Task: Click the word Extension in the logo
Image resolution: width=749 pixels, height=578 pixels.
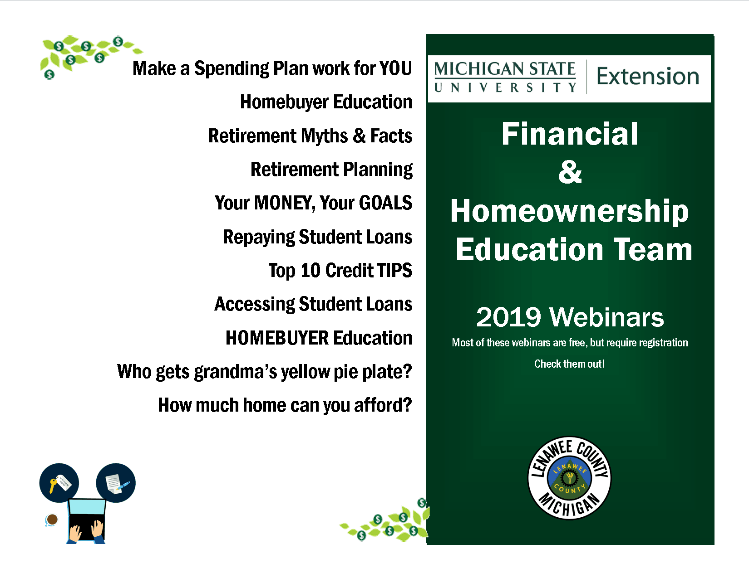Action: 648,76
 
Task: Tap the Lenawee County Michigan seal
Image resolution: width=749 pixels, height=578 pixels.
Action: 569,478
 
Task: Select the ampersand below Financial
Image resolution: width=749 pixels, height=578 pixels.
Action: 570,172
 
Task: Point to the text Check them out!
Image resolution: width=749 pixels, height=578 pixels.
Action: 569,364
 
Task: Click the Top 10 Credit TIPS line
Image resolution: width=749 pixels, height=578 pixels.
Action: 340,270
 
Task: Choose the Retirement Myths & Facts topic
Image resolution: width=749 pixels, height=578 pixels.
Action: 310,136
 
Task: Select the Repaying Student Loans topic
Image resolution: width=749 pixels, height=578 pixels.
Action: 317,237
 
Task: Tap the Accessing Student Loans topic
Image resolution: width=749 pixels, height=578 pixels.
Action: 313,304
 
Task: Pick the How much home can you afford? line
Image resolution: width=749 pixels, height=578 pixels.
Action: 285,405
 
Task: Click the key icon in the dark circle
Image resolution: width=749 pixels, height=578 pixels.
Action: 59,482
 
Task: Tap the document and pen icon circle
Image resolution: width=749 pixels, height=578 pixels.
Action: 116,483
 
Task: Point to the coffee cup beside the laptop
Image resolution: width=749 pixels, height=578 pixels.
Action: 52,520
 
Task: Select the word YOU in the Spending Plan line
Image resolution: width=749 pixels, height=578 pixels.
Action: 395,68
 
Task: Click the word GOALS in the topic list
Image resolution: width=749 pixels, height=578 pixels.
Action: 385,203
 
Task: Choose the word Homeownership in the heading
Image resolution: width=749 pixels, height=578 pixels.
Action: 569,211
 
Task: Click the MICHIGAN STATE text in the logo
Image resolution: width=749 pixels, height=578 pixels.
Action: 504,69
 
